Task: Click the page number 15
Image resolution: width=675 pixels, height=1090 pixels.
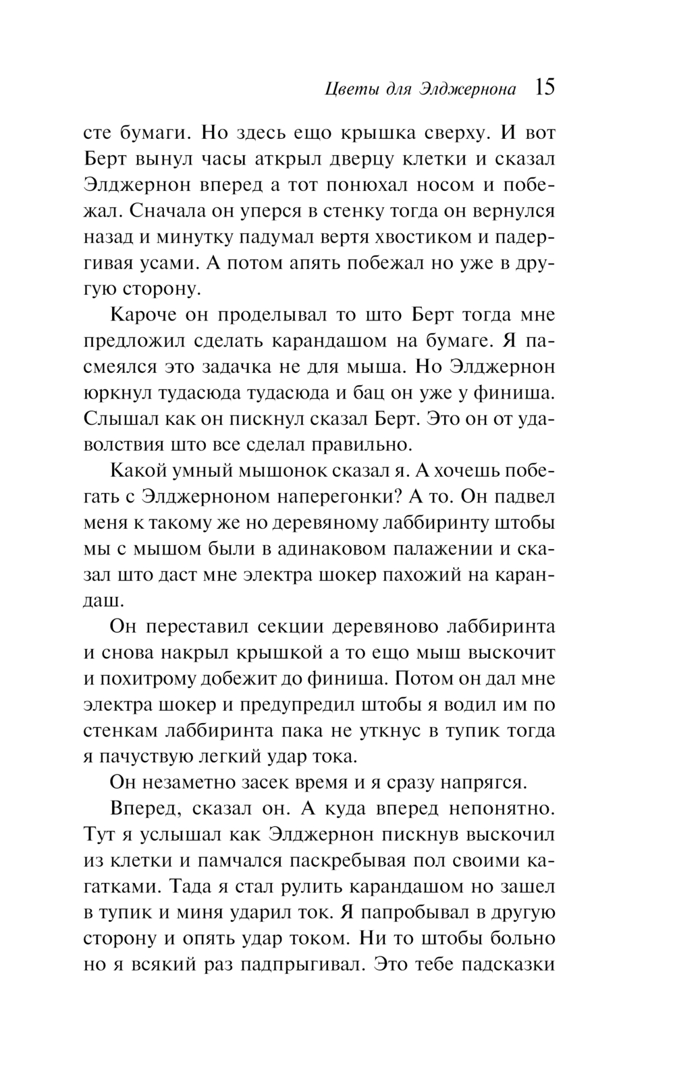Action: (544, 88)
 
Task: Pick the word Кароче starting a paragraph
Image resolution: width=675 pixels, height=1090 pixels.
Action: (143, 315)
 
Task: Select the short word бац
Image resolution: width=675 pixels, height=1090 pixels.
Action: (374, 393)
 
